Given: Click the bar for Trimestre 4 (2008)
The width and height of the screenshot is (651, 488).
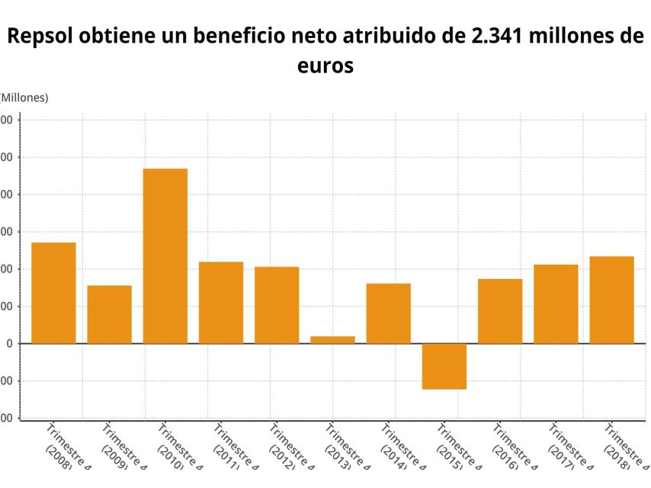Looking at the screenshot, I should pyautogui.click(x=53, y=293).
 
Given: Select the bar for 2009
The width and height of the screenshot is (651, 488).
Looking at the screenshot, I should pyautogui.click(x=109, y=314).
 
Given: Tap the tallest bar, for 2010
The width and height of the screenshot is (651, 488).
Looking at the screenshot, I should pyautogui.click(x=165, y=255).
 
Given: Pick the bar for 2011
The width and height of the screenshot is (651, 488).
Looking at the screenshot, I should pyautogui.click(x=221, y=303).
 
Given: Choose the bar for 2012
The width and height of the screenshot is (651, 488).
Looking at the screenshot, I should pyautogui.click(x=277, y=305).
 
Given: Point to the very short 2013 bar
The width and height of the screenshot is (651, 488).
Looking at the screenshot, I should pyautogui.click(x=332, y=339).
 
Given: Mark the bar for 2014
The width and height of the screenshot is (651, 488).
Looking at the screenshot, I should pyautogui.click(x=388, y=313).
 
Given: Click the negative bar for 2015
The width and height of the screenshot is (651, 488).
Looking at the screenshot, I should pyautogui.click(x=444, y=366).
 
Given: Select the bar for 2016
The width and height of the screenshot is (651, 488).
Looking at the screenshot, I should pyautogui.click(x=500, y=311).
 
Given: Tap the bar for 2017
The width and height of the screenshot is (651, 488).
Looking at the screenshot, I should pyautogui.click(x=556, y=303).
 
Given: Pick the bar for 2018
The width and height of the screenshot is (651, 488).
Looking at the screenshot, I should pyautogui.click(x=611, y=300).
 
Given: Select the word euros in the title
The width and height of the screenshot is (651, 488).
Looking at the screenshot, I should pyautogui.click(x=325, y=66).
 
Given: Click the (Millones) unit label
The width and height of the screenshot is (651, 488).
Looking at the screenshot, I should pyautogui.click(x=24, y=98).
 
